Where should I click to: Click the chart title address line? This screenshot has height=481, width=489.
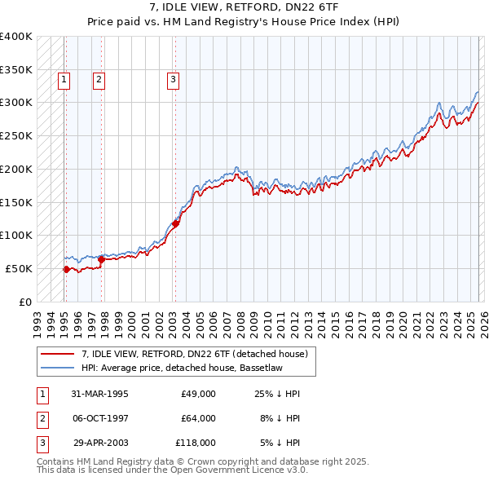(244, 7)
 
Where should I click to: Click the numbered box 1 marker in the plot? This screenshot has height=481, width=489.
(64, 80)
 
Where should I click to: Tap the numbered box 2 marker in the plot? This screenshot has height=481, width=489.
(99, 80)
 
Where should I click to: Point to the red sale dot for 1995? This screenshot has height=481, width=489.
(66, 269)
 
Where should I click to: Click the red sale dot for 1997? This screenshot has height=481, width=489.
(101, 259)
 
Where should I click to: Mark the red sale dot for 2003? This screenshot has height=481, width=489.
(176, 223)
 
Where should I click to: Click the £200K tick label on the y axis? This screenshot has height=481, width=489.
(15, 169)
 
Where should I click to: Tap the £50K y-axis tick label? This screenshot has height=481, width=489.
(19, 268)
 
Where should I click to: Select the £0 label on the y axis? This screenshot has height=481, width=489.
(25, 302)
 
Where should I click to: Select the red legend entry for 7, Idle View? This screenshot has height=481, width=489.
(193, 354)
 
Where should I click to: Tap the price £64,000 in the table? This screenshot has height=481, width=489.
(198, 418)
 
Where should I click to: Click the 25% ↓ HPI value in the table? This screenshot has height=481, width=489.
(278, 394)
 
